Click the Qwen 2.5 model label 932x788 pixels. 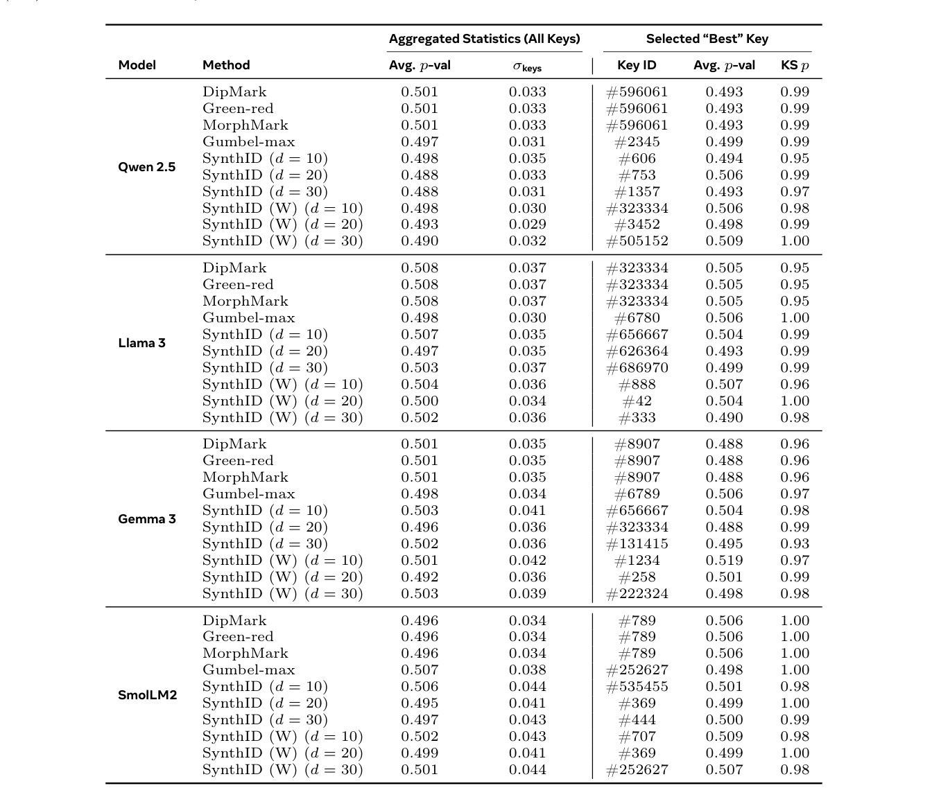pyautogui.click(x=147, y=167)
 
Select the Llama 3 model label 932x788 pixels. pyautogui.click(x=142, y=343)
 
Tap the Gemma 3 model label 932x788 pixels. pyautogui.click(x=147, y=519)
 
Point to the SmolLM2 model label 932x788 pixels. pyautogui.click(x=148, y=695)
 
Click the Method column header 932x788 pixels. pyautogui.click(x=226, y=65)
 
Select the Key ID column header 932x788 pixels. pyautogui.click(x=637, y=65)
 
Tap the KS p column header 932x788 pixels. pyautogui.click(x=795, y=65)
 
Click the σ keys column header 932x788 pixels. pyautogui.click(x=527, y=67)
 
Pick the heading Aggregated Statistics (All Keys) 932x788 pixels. pyautogui.click(x=484, y=39)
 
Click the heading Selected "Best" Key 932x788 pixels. pyautogui.click(x=707, y=39)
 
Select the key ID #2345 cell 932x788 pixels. pyautogui.click(x=637, y=142)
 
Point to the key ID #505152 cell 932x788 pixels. pyautogui.click(x=637, y=241)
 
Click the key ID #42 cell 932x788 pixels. pyautogui.click(x=637, y=401)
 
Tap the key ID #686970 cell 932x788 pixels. pyautogui.click(x=637, y=368)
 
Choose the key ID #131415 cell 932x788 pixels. pyautogui.click(x=637, y=544)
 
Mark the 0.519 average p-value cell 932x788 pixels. pyautogui.click(x=724, y=561)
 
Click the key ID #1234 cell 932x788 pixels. pyautogui.click(x=637, y=561)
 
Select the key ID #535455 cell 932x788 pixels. pyautogui.click(x=637, y=687)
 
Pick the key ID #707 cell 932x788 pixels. pyautogui.click(x=637, y=737)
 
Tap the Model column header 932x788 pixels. pyautogui.click(x=137, y=65)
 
